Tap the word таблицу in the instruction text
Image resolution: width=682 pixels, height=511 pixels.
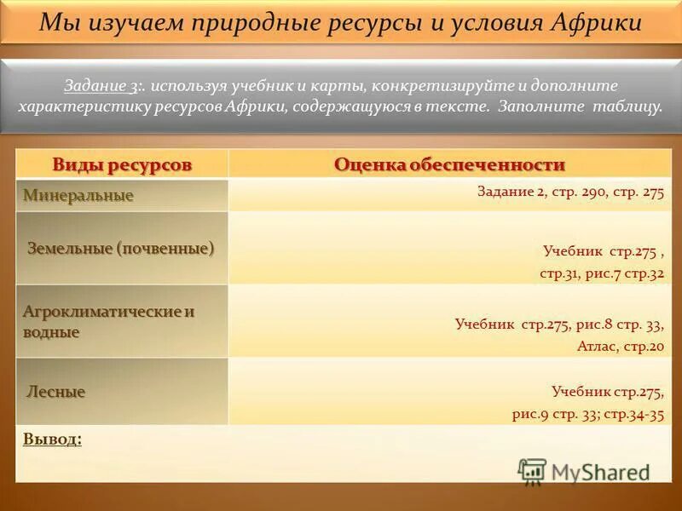[626, 108]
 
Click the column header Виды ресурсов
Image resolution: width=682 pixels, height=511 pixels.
[122, 164]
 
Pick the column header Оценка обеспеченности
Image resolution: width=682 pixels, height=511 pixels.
[449, 164]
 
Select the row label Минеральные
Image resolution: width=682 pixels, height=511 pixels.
[78, 196]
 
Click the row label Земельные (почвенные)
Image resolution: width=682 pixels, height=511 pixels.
[120, 248]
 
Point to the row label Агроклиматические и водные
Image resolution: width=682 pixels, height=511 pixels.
[108, 321]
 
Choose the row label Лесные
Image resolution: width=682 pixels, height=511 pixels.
[56, 392]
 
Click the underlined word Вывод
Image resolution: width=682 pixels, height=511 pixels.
[52, 439]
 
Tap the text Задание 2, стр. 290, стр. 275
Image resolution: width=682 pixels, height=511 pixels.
[569, 192]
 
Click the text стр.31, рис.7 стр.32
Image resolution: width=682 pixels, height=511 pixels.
[602, 274]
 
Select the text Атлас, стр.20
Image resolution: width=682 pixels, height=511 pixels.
[620, 347]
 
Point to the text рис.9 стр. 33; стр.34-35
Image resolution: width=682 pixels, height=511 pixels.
[587, 415]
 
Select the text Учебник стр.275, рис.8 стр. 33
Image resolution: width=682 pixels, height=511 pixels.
[559, 324]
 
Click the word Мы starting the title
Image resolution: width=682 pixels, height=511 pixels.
[57, 23]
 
